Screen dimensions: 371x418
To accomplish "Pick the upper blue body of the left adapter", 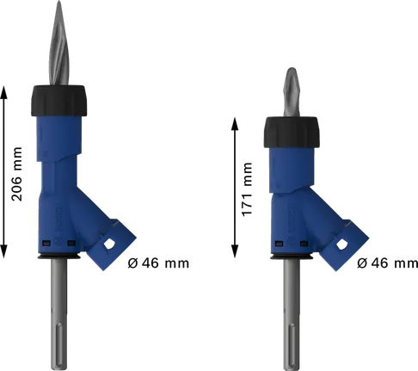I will pyautogui.click(x=60, y=146).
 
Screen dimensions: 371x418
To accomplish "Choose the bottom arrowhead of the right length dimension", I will pyautogui.click(x=237, y=255).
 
